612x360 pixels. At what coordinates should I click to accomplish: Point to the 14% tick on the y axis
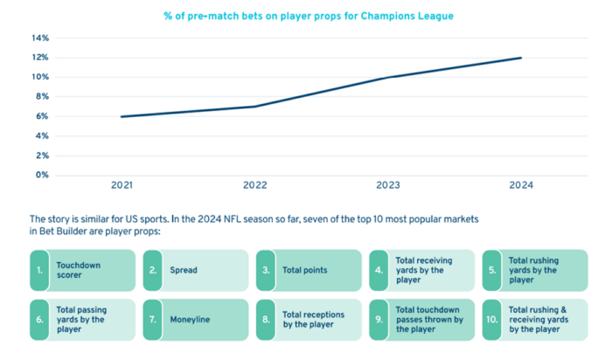tap(40, 38)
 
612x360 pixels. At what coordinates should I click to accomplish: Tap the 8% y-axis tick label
tap(42, 97)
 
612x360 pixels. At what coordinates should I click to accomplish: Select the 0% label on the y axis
tap(42, 175)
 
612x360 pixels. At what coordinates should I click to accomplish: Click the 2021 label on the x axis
tap(122, 185)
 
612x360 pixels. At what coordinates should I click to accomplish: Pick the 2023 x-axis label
tap(388, 185)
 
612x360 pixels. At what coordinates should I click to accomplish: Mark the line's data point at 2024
tap(521, 59)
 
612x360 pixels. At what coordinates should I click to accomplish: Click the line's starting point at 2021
tap(122, 116)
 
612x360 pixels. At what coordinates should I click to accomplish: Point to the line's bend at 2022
tap(254, 107)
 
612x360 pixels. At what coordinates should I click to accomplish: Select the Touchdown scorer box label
tap(79, 270)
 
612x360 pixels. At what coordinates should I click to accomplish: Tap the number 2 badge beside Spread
tap(152, 271)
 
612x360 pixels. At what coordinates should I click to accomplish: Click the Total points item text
tap(305, 271)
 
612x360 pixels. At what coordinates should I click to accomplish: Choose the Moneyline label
tap(190, 320)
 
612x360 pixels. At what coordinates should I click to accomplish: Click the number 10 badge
tap(492, 320)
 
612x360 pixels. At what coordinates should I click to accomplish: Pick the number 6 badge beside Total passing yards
tap(39, 320)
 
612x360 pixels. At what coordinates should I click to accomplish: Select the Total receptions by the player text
tap(313, 320)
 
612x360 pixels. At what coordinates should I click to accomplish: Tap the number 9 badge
tap(379, 320)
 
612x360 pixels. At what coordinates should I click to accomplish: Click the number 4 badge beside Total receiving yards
tap(379, 271)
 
